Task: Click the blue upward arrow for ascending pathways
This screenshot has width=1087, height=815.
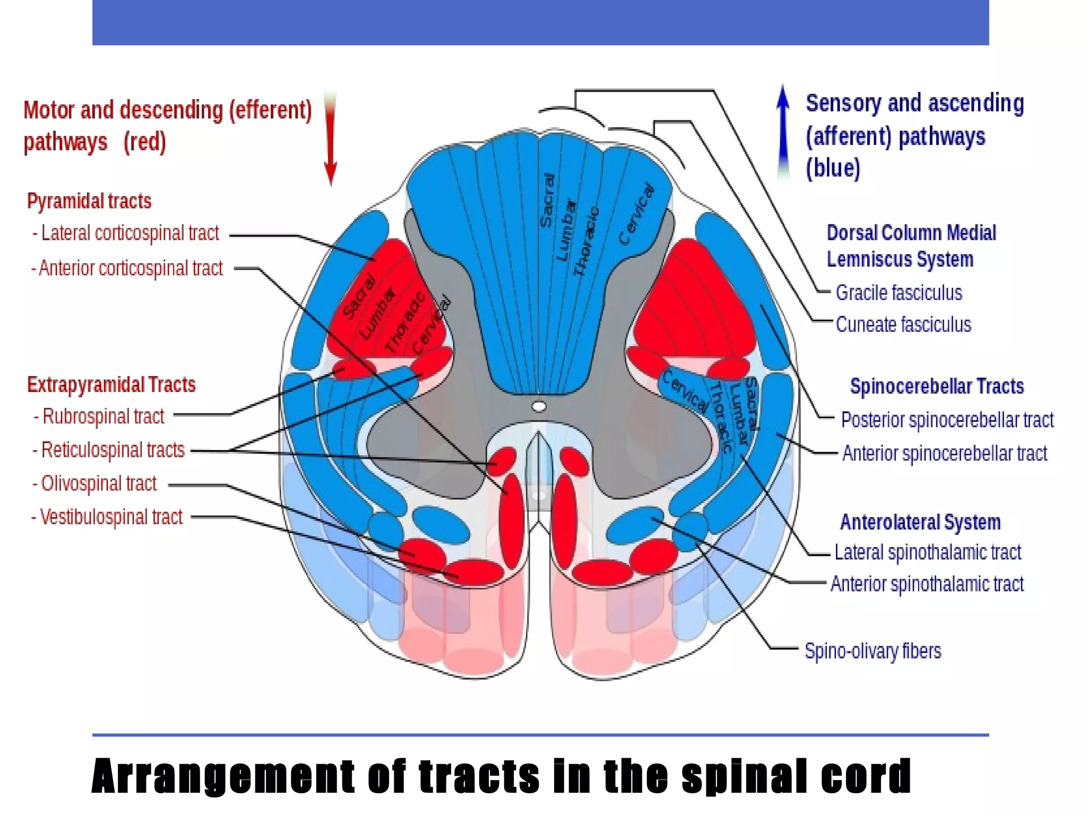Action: click(x=783, y=133)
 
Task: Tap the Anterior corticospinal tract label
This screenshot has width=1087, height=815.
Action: click(x=127, y=268)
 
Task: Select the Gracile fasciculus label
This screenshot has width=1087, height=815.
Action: click(x=899, y=293)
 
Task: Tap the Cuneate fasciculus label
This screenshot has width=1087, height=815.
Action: click(x=903, y=325)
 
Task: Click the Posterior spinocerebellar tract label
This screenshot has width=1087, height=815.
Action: click(x=947, y=420)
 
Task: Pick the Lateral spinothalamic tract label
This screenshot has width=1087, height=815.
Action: click(x=927, y=553)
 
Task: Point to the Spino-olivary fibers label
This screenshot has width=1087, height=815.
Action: click(x=873, y=651)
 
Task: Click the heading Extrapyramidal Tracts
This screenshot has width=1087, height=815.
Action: click(x=111, y=385)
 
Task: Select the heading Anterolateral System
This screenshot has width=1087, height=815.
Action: click(x=920, y=523)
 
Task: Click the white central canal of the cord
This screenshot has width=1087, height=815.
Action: click(x=539, y=407)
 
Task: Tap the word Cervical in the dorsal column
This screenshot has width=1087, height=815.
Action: click(x=636, y=214)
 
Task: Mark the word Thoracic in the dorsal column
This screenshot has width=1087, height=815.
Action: click(x=586, y=241)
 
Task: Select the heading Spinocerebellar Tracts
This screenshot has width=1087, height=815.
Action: click(x=937, y=386)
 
